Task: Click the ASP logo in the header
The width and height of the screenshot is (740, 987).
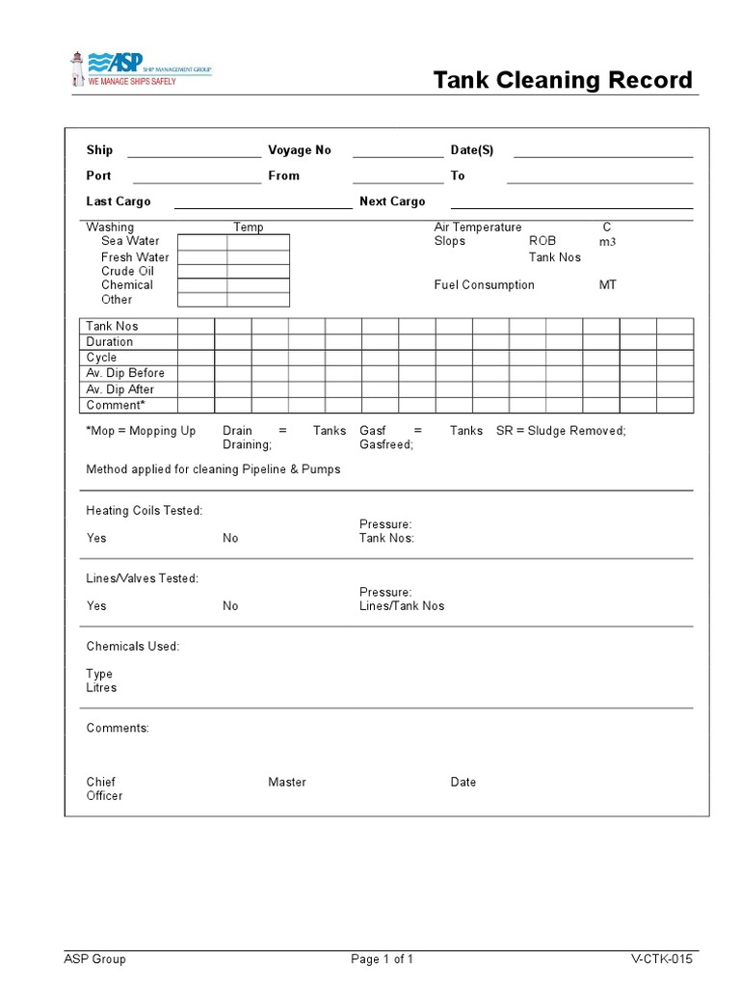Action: (x=140, y=67)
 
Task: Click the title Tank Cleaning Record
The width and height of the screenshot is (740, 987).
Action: (x=563, y=80)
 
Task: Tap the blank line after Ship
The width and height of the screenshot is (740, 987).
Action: (x=194, y=152)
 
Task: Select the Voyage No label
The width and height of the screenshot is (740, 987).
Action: (x=299, y=150)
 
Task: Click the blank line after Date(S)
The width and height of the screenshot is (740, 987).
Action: (x=603, y=152)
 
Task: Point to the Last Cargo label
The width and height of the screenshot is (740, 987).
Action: (x=119, y=201)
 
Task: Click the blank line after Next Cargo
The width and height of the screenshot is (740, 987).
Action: (x=571, y=204)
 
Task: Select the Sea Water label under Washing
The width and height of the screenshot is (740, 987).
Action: (x=130, y=241)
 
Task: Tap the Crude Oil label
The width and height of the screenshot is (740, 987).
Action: (x=127, y=271)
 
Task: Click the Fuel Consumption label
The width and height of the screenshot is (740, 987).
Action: (x=484, y=285)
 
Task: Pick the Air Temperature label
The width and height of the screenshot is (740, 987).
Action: (x=478, y=227)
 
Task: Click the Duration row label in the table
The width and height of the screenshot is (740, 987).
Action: (x=110, y=342)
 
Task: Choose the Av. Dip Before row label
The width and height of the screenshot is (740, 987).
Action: (x=125, y=373)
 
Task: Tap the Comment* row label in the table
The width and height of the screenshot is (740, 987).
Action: (x=115, y=406)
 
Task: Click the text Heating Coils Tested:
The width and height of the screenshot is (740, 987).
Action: (x=145, y=511)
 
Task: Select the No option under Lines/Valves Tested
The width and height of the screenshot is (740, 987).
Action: (x=230, y=606)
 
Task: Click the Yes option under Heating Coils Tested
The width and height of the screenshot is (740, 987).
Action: (x=96, y=538)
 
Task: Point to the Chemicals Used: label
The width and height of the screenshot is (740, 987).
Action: (x=133, y=647)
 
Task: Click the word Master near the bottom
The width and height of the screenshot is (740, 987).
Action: (x=287, y=783)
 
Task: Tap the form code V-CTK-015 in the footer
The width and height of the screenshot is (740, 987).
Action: (x=661, y=959)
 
